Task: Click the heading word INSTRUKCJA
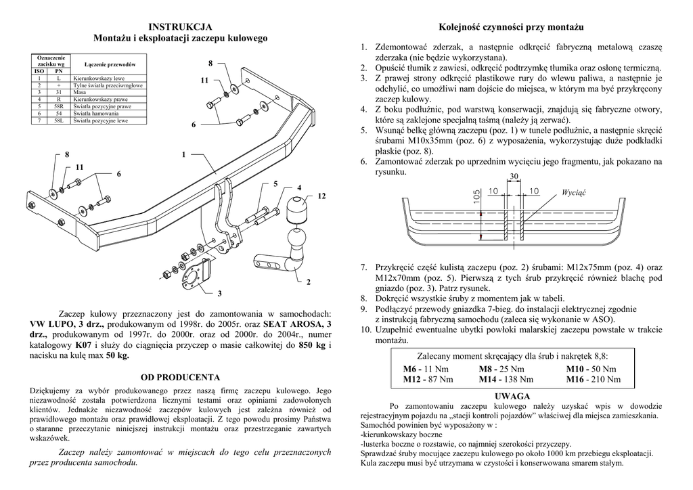pos(180,26)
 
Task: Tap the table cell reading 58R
pos(59,107)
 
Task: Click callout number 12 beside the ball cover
pos(321,196)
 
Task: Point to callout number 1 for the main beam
pos(183,156)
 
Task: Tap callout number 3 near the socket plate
pos(219,294)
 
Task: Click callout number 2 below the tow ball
pos(308,282)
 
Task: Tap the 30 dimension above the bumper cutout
pos(514,176)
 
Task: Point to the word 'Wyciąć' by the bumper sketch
pos(573,192)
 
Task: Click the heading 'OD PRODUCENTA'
pos(180,377)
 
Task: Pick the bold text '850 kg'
pos(312,344)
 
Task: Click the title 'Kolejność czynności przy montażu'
pos(511,26)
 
